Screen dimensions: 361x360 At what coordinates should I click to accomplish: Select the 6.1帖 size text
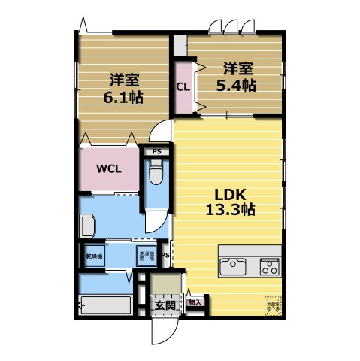coord(123,97)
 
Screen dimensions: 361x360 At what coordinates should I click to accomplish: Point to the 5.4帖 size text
coord(236,85)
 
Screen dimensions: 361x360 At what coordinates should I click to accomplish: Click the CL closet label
coord(182,86)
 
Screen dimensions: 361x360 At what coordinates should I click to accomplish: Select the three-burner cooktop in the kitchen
coord(269,265)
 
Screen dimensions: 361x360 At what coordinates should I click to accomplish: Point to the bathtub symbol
coord(106,305)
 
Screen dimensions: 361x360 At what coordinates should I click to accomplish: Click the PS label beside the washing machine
coord(165,254)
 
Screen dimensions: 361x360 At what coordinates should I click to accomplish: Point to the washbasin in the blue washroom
coord(87,225)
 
